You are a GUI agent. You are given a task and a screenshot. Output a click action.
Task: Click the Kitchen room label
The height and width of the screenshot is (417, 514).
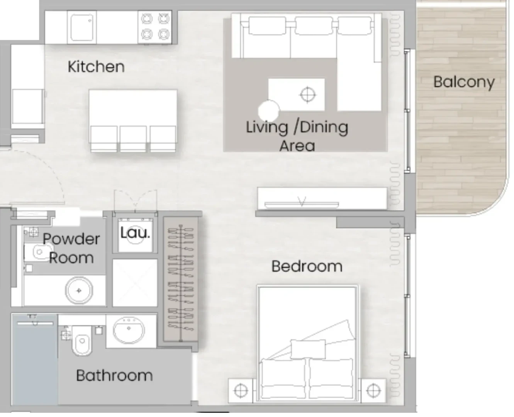[96, 66]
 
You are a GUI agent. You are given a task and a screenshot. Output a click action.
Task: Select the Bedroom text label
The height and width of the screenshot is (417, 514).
[307, 266]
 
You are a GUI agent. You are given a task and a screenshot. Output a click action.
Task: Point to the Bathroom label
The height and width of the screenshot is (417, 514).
[114, 376]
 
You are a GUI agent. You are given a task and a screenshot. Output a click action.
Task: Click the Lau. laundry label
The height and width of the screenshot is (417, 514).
[135, 233]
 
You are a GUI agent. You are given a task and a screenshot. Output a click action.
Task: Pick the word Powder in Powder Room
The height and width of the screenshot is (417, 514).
[71, 239]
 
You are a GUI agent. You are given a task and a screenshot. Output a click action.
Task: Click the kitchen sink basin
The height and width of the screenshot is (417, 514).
[82, 27]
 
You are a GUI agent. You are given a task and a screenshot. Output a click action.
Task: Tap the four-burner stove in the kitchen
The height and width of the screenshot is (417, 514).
[155, 27]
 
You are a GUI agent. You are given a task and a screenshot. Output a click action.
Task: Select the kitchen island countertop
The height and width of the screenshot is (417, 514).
[133, 108]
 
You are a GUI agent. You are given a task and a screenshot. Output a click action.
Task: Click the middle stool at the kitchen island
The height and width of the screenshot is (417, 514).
[133, 139]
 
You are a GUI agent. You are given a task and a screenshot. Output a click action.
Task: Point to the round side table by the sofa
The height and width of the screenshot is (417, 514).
[269, 111]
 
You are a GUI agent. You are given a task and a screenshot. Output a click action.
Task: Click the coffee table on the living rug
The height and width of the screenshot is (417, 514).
[296, 94]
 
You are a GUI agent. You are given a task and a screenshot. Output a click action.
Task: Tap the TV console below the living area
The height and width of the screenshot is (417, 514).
[322, 198]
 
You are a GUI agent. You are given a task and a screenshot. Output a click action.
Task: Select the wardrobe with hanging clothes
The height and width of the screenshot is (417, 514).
[180, 279]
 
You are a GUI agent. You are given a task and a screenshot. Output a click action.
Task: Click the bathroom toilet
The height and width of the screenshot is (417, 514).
[82, 340]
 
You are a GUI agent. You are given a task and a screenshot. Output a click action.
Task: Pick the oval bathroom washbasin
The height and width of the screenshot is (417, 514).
[129, 330]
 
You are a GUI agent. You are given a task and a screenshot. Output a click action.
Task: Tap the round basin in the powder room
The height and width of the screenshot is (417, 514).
[79, 291]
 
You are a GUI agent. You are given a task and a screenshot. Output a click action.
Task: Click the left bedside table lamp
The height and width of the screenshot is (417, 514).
[241, 391]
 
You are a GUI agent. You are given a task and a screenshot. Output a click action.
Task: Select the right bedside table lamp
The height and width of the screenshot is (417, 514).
[373, 391]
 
